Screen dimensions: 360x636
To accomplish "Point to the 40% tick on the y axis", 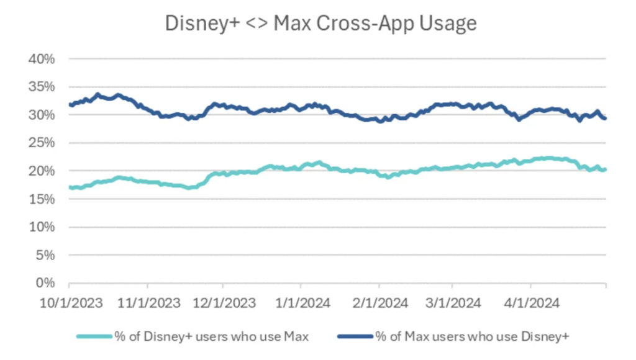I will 42,59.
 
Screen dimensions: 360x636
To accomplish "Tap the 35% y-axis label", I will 42,87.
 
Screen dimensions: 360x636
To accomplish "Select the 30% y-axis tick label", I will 42,115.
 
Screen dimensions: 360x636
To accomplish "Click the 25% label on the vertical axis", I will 42,143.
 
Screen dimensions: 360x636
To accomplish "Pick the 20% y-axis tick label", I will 42,171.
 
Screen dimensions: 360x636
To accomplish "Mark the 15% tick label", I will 42,199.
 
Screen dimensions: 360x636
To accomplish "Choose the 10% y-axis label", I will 42,227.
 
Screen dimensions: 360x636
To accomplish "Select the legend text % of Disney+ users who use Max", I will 212,336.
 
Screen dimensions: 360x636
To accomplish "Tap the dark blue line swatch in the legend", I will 355,336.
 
